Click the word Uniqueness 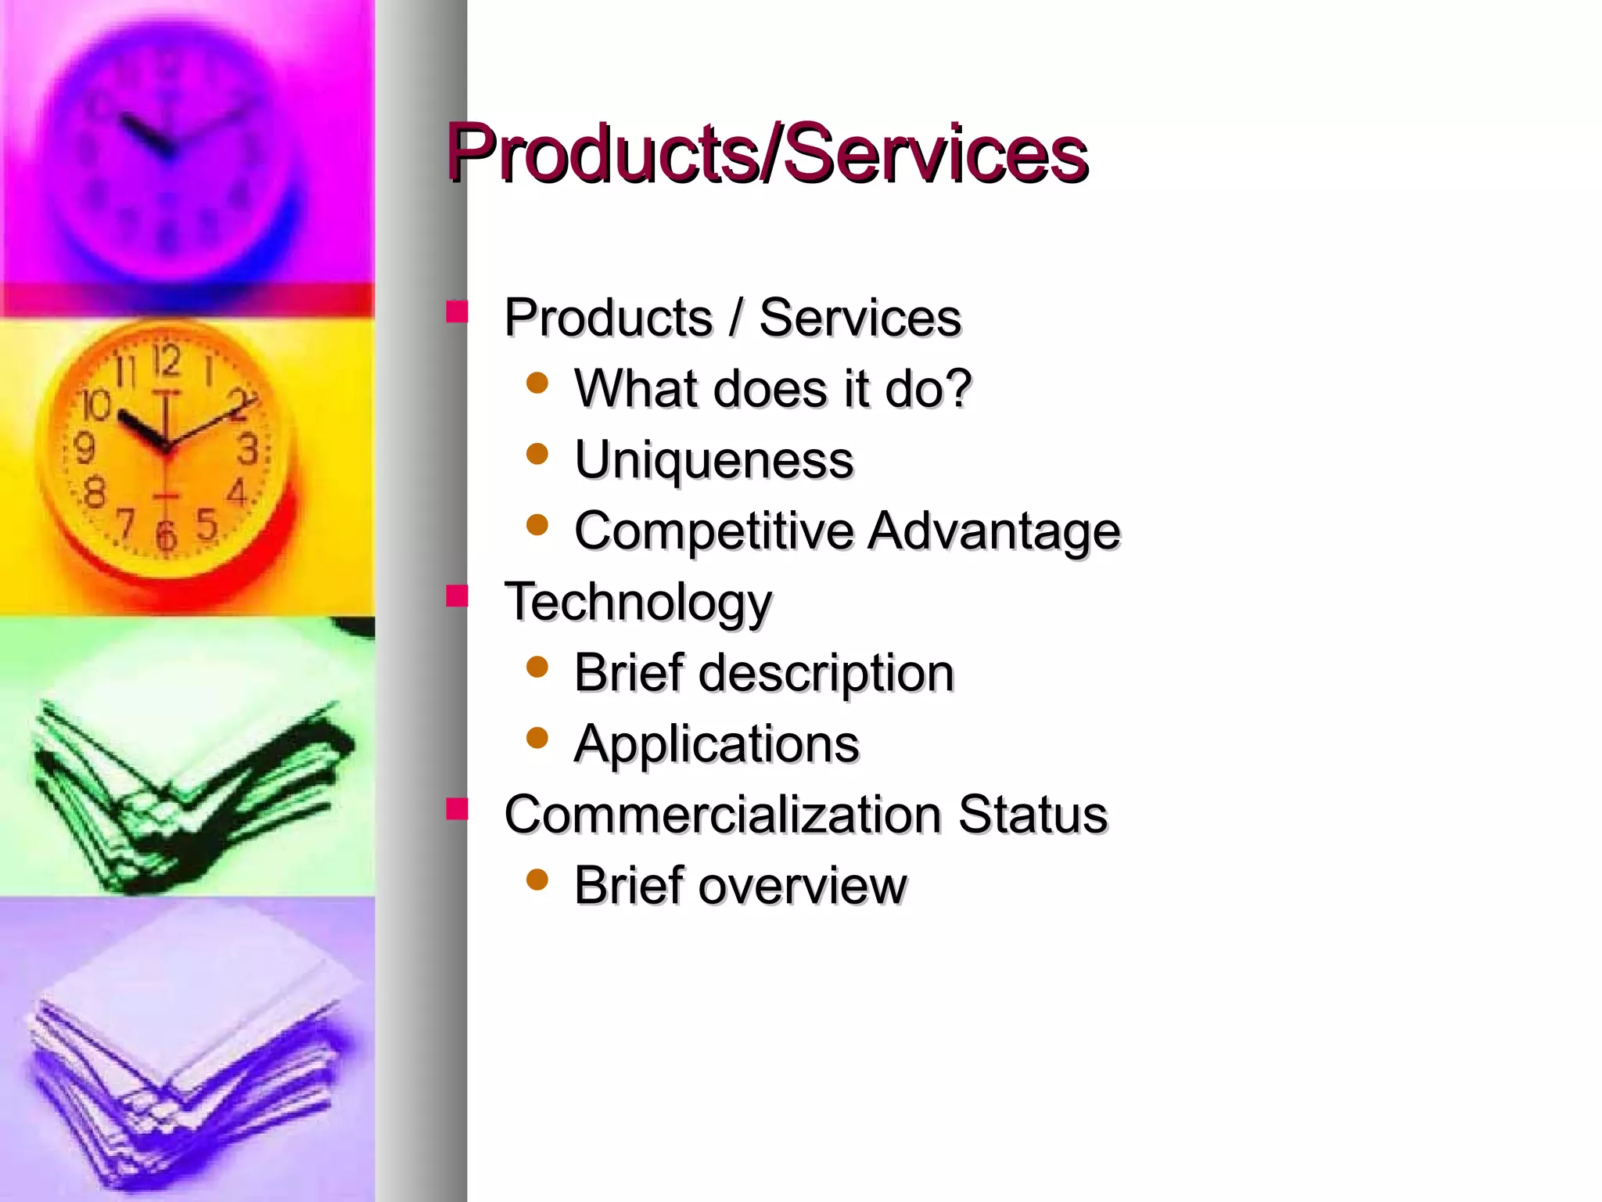tap(713, 459)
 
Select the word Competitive tap(713, 531)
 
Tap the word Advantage tap(994, 531)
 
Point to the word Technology tap(638, 602)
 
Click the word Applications tap(717, 743)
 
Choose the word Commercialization tap(723, 814)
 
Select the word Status tap(1033, 814)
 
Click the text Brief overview tap(740, 885)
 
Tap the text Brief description tap(763, 672)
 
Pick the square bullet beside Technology tap(457, 597)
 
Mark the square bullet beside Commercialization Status tap(457, 809)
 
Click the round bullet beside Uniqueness tap(537, 454)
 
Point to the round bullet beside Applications tap(537, 737)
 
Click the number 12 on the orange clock tap(166, 362)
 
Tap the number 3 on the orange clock tap(249, 450)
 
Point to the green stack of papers tap(188, 790)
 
